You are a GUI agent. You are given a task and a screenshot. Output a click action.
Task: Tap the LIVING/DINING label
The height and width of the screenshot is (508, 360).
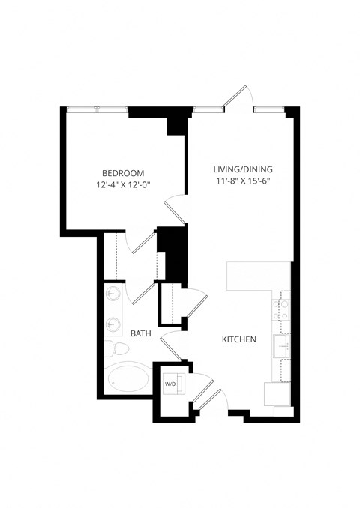click(244, 169)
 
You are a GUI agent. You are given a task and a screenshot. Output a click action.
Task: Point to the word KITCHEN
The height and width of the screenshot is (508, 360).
click(239, 339)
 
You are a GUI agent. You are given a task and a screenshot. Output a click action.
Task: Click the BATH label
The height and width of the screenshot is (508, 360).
click(142, 333)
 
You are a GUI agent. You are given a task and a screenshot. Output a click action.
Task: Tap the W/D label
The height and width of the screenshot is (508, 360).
click(170, 384)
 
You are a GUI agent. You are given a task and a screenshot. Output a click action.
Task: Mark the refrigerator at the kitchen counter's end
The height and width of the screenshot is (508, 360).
click(277, 393)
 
